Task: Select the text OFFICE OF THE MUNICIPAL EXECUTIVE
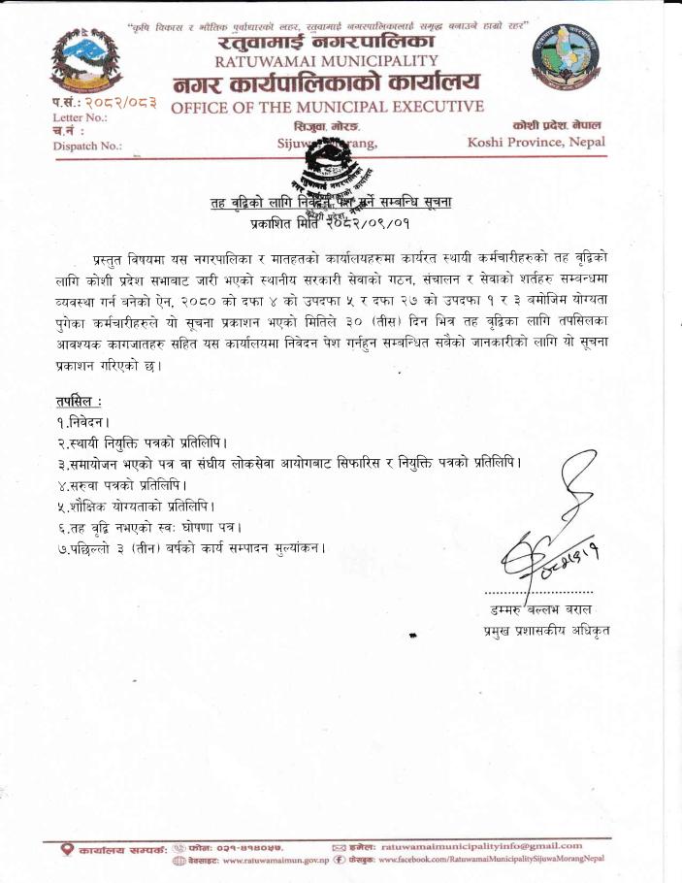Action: click(327, 106)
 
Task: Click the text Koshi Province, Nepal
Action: click(536, 142)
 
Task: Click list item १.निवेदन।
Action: click(83, 422)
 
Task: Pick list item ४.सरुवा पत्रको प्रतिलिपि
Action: click(121, 484)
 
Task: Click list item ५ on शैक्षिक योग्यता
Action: click(135, 506)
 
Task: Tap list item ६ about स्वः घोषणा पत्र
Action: click(148, 527)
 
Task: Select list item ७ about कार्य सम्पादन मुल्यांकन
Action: click(190, 548)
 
